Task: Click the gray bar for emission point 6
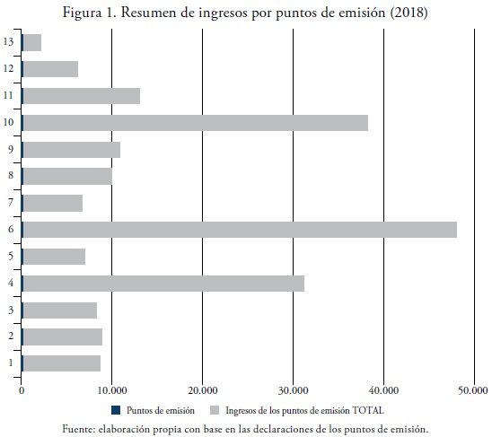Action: (x=240, y=230)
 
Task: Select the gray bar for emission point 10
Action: (x=196, y=123)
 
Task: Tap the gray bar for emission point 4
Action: (x=163, y=284)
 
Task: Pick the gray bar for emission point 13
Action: (x=32, y=42)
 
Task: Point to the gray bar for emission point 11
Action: (x=82, y=96)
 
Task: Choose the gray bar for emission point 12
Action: (x=51, y=69)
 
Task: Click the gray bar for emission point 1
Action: (x=62, y=363)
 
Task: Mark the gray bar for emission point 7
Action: (x=53, y=203)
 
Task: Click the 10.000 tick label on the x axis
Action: (x=112, y=391)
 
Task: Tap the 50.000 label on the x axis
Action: (x=473, y=391)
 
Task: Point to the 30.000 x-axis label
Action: (x=293, y=391)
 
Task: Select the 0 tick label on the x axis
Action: (x=22, y=391)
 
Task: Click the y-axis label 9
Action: (x=11, y=149)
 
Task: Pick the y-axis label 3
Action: (x=11, y=310)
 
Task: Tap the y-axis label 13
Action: (x=8, y=41)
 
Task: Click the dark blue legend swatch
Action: (x=116, y=410)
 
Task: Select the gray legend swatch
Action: (x=215, y=410)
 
